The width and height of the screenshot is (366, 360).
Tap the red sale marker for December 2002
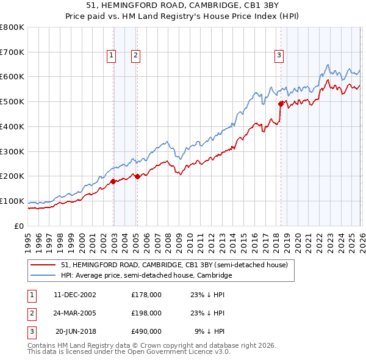tap(113, 181)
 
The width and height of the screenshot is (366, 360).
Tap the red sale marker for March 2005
tap(137, 176)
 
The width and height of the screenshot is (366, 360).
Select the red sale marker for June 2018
tap(281, 104)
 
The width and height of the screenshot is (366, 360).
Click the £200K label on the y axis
tap(12, 176)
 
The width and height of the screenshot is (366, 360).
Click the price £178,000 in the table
tap(146, 294)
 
